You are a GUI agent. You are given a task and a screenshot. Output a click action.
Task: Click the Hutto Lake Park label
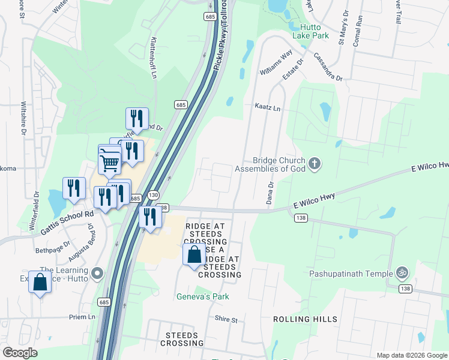(310, 31)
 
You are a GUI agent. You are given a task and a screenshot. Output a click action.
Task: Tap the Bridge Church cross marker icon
(314, 163)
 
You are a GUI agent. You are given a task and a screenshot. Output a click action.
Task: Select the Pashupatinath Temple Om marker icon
(403, 274)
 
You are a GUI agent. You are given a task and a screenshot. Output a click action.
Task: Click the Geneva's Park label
(203, 296)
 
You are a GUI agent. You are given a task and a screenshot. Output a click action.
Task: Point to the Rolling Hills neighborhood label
(305, 319)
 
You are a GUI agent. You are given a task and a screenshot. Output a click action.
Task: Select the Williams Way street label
(276, 62)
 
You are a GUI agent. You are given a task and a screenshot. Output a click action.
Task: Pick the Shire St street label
(226, 320)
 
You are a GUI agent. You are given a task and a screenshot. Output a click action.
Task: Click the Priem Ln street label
(82, 317)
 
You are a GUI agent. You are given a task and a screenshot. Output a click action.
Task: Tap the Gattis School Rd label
(67, 223)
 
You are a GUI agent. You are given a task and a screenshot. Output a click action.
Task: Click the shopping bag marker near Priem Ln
(40, 281)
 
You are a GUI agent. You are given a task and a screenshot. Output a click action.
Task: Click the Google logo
(20, 353)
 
